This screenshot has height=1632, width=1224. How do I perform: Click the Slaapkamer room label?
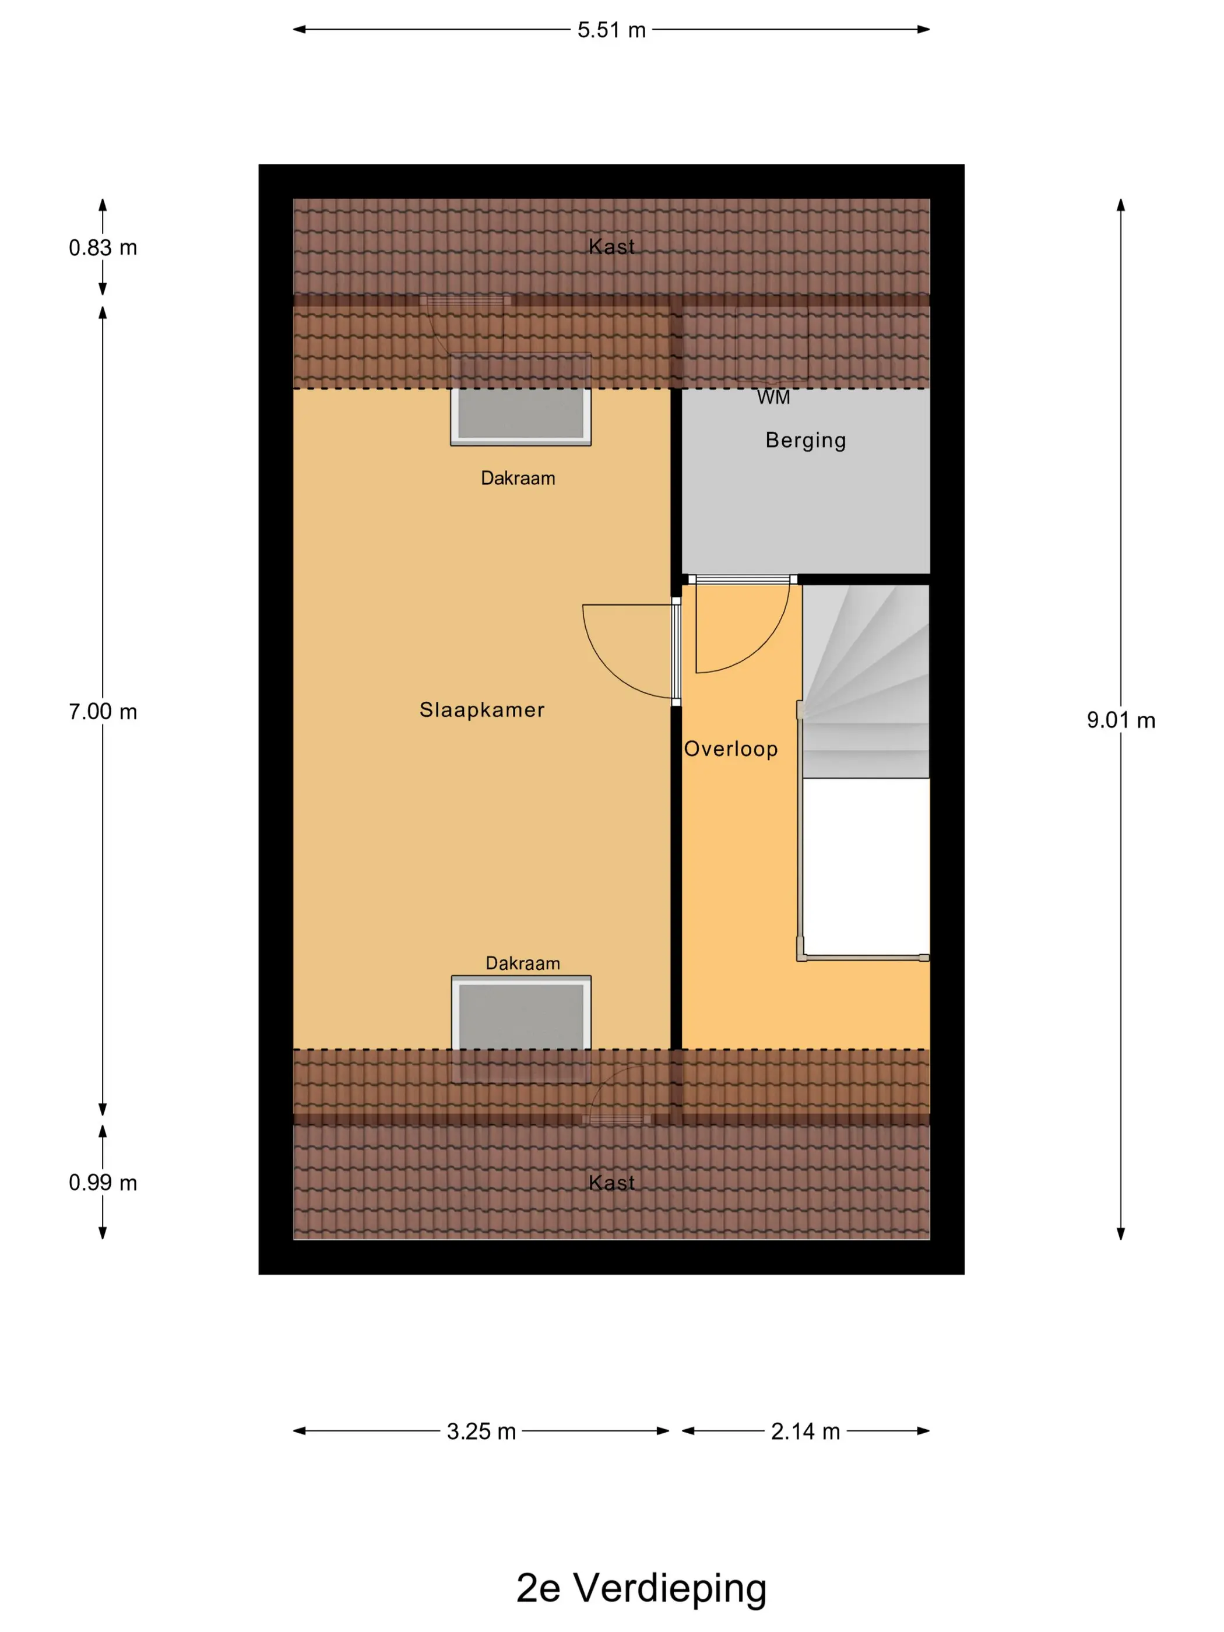[482, 710]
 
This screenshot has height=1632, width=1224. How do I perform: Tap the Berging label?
[806, 441]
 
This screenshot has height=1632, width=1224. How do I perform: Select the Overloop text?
[730, 749]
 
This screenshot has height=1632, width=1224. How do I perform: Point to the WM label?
[773, 398]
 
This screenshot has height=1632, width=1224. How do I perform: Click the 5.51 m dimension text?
[611, 30]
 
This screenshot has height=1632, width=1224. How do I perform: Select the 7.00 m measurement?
[103, 712]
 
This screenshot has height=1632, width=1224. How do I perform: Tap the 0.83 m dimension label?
[103, 248]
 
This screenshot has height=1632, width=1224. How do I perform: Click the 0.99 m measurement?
[103, 1183]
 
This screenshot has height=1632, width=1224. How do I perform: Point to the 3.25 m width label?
[481, 1432]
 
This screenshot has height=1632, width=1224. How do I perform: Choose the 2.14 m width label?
[806, 1432]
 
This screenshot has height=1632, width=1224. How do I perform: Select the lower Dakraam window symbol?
[521, 1029]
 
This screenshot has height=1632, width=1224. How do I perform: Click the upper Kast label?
[611, 247]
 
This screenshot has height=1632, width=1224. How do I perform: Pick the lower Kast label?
[611, 1183]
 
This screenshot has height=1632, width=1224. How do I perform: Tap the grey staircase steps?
[866, 681]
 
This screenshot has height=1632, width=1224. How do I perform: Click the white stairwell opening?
[866, 867]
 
